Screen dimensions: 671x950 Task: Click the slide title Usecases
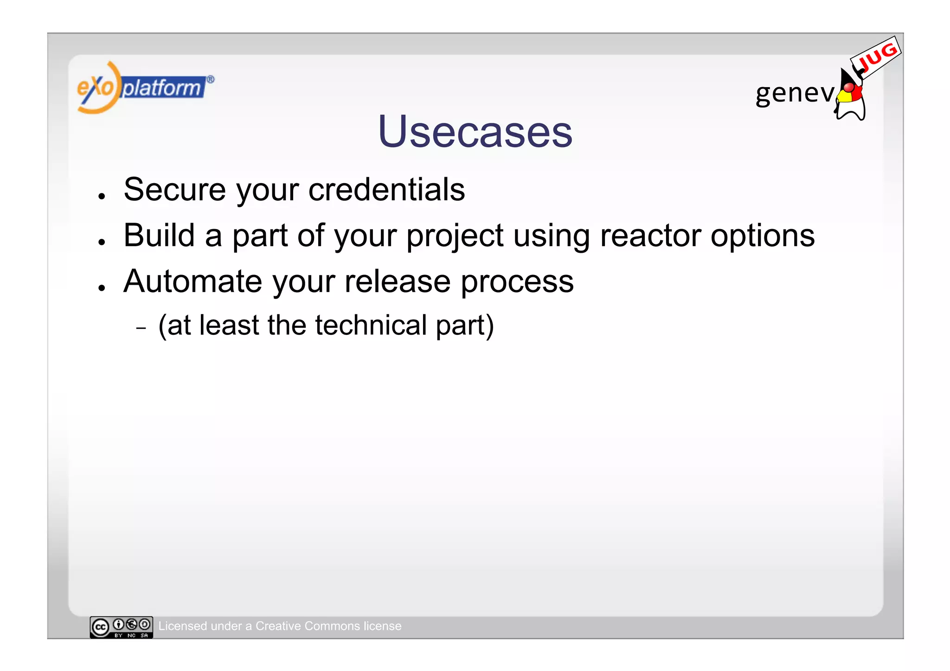click(x=475, y=132)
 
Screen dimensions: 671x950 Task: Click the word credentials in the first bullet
click(x=386, y=190)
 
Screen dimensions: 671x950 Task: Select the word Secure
click(x=175, y=190)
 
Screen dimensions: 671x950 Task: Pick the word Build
click(x=159, y=236)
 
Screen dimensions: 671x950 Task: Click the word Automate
click(x=193, y=281)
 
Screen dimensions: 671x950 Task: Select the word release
click(x=398, y=281)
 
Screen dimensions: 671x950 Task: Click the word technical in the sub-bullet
click(x=371, y=325)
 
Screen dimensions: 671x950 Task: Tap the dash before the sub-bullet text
click(x=141, y=328)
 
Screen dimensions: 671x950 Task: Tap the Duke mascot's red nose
click(x=848, y=87)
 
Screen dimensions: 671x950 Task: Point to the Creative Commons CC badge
click(x=121, y=627)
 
